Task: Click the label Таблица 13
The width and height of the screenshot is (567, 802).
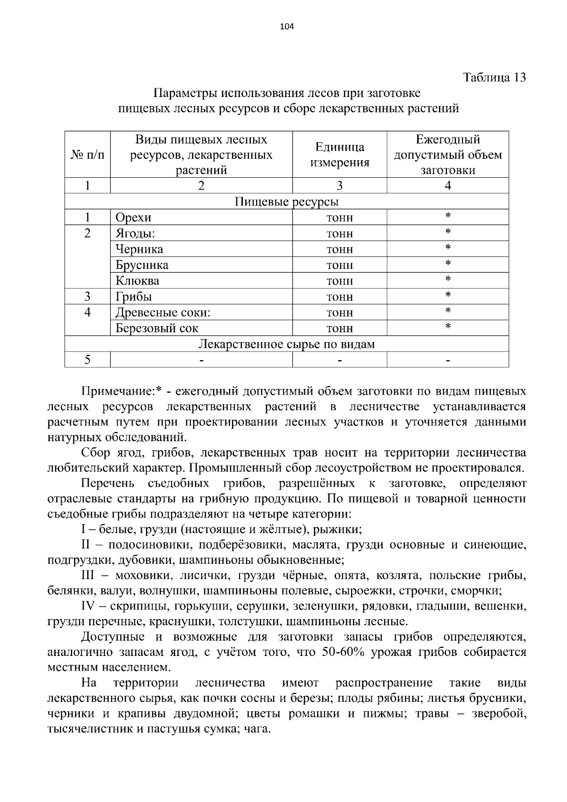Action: click(494, 78)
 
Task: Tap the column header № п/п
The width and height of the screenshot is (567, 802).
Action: click(87, 155)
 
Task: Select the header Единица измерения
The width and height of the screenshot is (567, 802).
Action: click(339, 155)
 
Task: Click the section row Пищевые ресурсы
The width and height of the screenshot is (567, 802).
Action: click(286, 202)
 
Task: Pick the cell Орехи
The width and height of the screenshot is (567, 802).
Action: click(133, 217)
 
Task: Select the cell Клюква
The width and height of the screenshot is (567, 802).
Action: click(137, 281)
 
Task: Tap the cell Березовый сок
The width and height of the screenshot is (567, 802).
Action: click(157, 328)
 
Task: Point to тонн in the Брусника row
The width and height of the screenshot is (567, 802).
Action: click(339, 265)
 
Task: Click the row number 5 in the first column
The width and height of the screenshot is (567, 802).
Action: click(87, 360)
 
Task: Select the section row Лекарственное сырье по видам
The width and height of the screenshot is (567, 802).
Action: click(286, 344)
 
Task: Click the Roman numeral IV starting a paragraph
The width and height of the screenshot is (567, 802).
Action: click(88, 606)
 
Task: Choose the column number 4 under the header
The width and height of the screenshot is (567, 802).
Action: click(447, 186)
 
